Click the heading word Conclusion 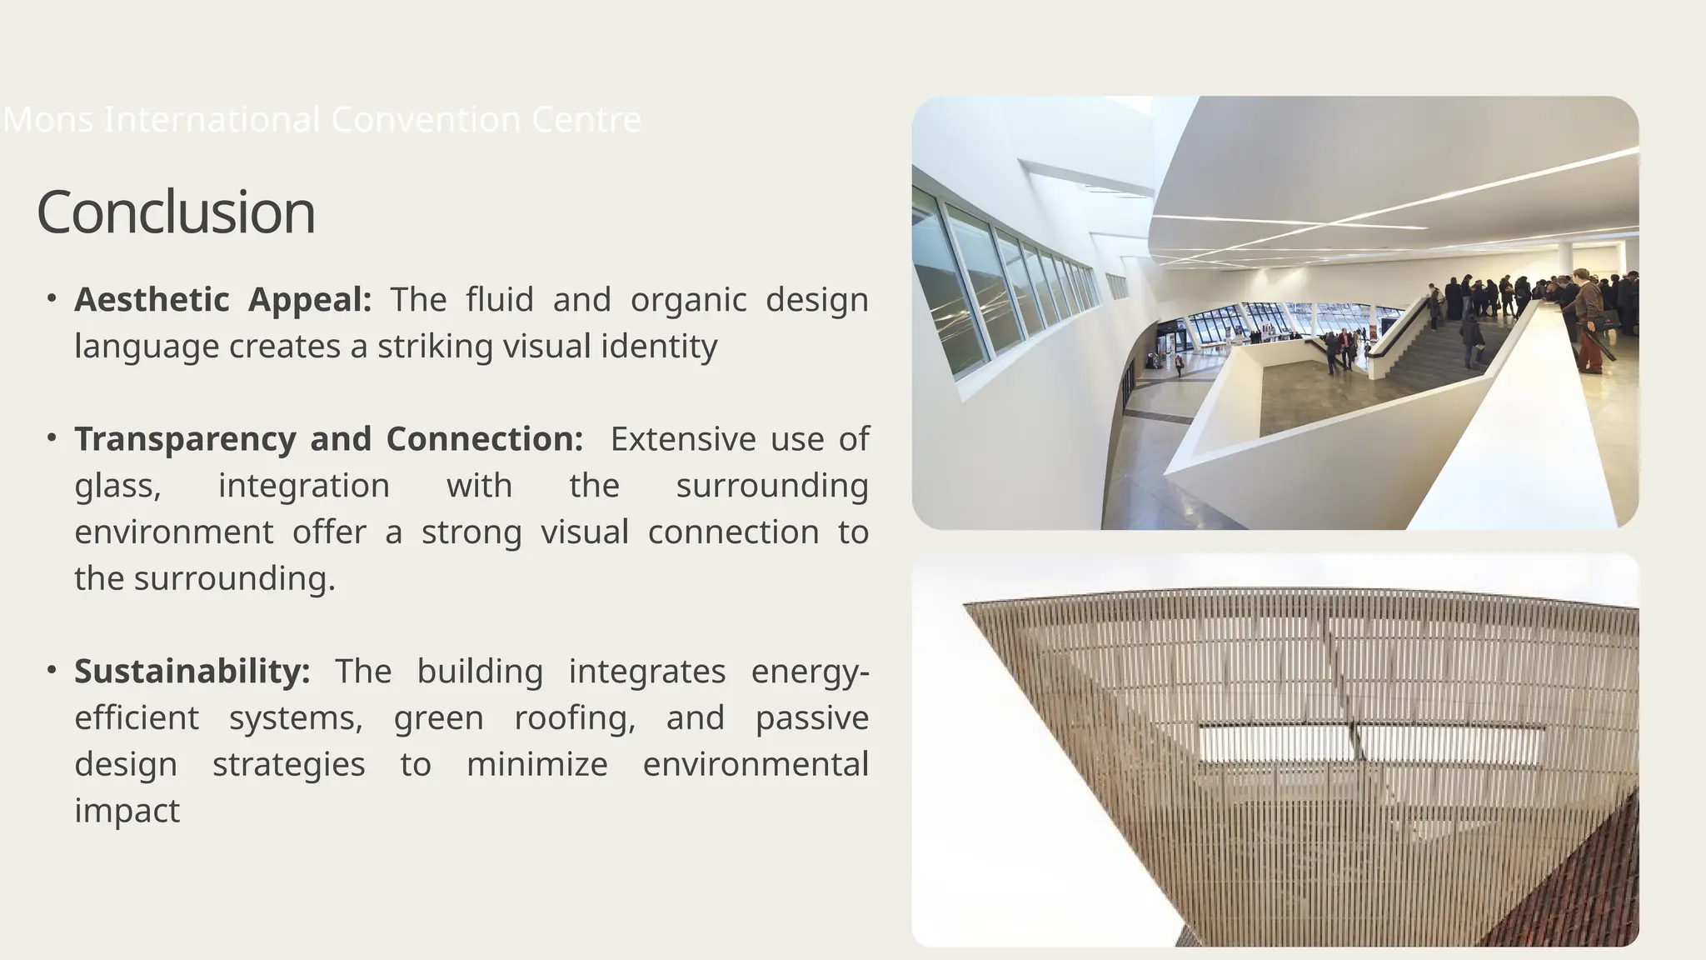176,212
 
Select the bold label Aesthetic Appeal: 222,300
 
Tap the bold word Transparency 185,439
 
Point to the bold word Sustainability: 192,672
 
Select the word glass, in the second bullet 117,486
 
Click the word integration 303,486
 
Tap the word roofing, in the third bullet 575,718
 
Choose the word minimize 536,764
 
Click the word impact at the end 127,811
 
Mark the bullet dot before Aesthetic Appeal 52,297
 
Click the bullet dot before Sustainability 52,669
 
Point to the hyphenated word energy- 810,672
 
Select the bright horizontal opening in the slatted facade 1370,742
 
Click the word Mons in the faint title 48,120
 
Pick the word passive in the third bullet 811,718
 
